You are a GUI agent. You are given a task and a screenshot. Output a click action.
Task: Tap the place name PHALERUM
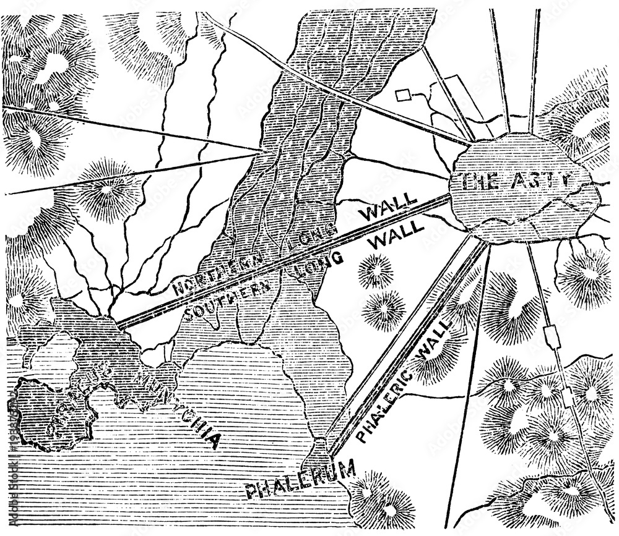point(301,480)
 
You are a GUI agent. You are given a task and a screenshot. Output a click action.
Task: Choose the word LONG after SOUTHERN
point(319,263)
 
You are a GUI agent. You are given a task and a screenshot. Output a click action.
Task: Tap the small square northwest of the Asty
point(403,94)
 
